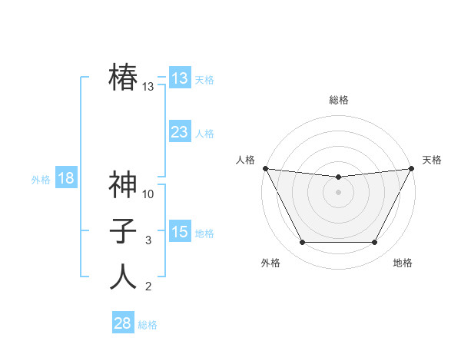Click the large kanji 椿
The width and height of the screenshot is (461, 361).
123,78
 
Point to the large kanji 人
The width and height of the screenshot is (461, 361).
123,277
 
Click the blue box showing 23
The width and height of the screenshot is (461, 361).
180,132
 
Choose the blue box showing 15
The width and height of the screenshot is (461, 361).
180,232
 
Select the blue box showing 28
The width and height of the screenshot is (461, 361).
123,323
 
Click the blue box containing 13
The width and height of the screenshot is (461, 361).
180,78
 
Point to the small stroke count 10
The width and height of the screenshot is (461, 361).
148,194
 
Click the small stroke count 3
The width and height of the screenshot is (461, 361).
148,240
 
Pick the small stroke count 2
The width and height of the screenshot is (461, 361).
148,287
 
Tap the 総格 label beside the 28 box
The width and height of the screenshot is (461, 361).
148,325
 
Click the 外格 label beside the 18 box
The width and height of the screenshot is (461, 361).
41,180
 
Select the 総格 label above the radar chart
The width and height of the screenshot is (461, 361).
338,100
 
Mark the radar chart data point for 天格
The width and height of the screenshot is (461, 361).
412,168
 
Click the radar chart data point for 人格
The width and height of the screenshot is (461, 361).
265,168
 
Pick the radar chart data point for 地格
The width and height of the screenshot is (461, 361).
374,243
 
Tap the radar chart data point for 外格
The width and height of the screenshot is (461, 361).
302,243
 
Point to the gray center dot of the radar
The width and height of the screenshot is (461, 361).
338,191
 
